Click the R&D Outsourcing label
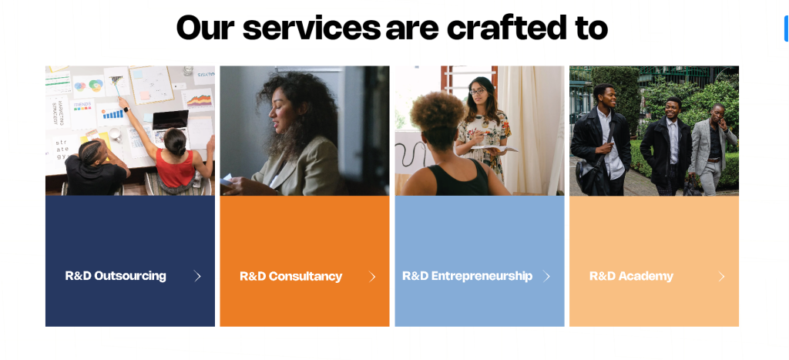coord(116,276)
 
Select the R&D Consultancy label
coord(290,277)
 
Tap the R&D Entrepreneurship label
coord(467,276)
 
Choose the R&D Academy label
coord(631,276)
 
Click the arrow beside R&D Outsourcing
coord(198,276)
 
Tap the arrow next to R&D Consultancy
coord(373,277)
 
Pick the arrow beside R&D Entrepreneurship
coord(547,276)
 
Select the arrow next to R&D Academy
coord(722,276)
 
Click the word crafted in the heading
coord(505,29)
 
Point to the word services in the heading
coord(311,29)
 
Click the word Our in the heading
coord(205,29)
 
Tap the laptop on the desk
coord(170,120)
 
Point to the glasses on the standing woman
coord(478,92)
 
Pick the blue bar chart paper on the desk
coord(113,113)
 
